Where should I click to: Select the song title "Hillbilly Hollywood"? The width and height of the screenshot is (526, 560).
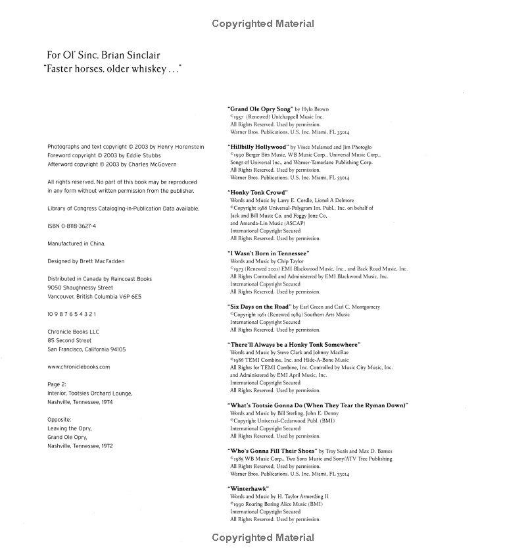click(x=258, y=147)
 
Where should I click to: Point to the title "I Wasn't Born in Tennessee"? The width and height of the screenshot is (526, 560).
click(x=268, y=253)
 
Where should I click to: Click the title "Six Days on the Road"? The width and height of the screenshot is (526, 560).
click(x=259, y=307)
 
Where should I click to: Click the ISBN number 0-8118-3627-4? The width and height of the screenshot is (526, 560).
click(x=78, y=226)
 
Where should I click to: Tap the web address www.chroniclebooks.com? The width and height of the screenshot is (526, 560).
click(x=79, y=367)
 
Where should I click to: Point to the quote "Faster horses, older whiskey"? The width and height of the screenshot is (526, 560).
click(x=112, y=68)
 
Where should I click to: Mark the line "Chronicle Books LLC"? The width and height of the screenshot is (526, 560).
click(x=74, y=332)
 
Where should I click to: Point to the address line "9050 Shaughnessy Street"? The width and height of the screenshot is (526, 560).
click(x=80, y=288)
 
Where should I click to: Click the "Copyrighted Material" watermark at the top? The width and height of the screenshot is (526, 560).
click(x=263, y=24)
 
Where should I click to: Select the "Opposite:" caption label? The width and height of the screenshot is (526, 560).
click(x=59, y=419)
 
